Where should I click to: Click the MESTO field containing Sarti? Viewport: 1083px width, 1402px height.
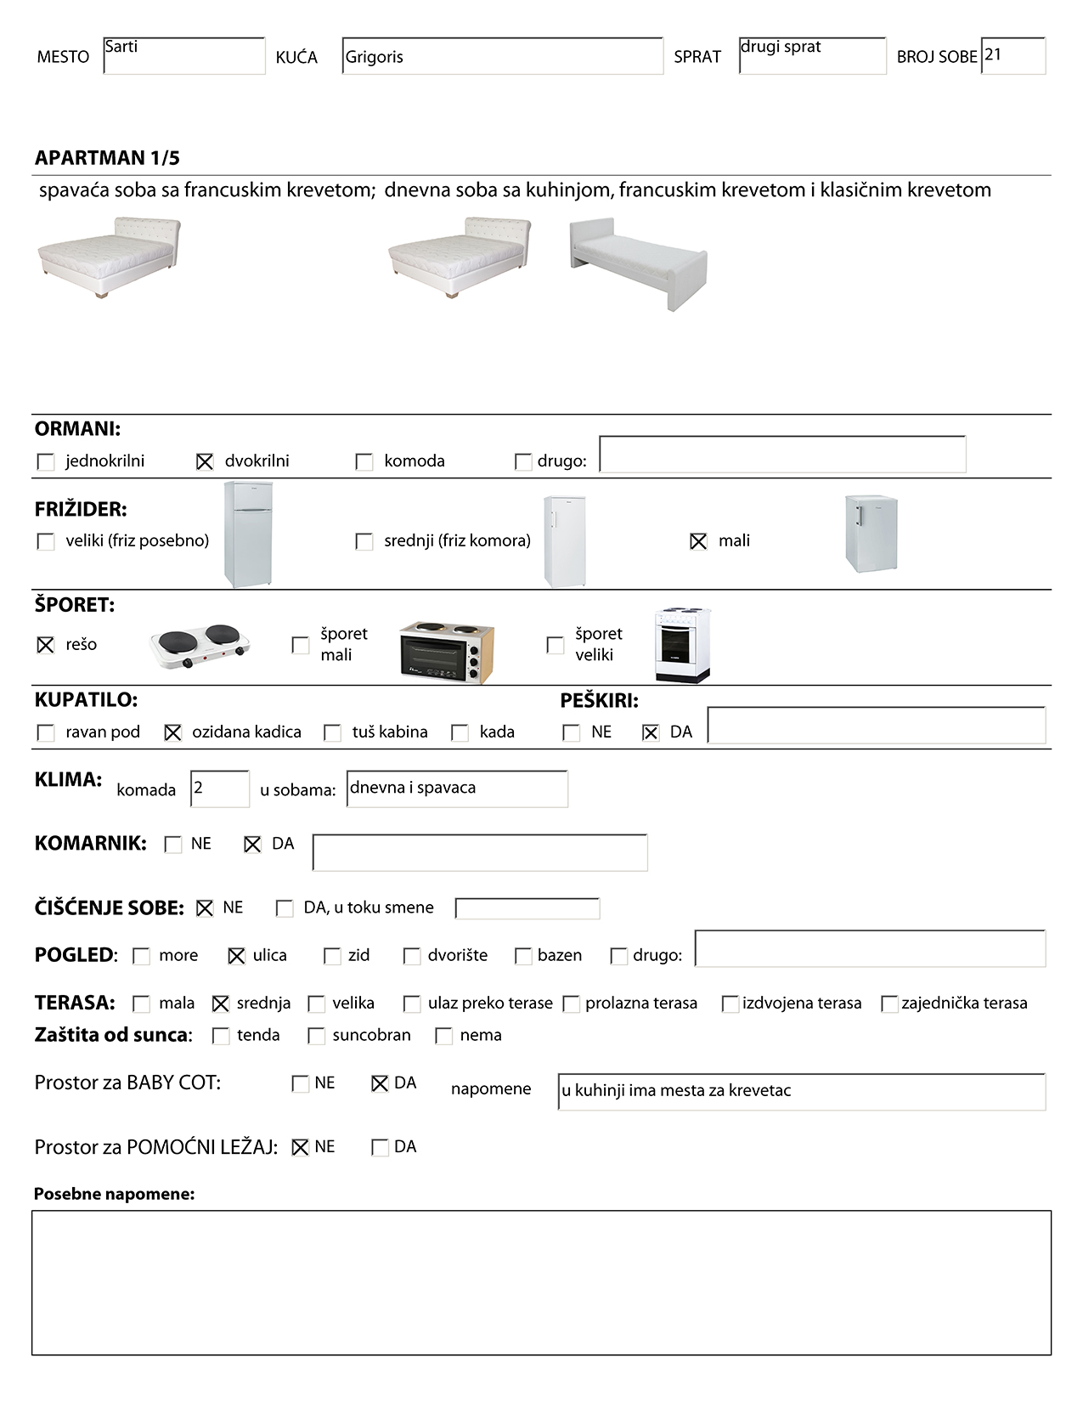[183, 56]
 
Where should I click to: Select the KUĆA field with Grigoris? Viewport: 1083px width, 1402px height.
[502, 56]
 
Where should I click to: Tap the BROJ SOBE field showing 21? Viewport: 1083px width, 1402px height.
[1012, 56]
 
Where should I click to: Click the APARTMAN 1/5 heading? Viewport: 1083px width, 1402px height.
[107, 158]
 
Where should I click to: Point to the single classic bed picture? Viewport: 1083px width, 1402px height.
[639, 263]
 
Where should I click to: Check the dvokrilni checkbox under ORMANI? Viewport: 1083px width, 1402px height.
[205, 461]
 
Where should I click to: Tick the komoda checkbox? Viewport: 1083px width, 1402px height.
[364, 461]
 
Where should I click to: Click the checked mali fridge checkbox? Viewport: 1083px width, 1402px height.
[698, 541]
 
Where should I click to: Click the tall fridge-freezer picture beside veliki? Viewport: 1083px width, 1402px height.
[248, 534]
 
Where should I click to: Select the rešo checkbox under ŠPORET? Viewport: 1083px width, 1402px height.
[46, 645]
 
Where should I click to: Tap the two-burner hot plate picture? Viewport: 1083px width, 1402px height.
[200, 646]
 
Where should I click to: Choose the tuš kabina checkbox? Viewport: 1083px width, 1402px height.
[333, 732]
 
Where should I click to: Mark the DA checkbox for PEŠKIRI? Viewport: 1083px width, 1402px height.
[651, 732]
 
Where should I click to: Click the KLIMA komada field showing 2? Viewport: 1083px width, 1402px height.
[220, 789]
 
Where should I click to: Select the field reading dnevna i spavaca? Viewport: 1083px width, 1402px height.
[457, 789]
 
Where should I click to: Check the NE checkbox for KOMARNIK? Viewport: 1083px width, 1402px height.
[173, 845]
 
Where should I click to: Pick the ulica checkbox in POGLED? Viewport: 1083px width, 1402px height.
[237, 956]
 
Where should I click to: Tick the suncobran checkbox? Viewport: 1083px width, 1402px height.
[317, 1036]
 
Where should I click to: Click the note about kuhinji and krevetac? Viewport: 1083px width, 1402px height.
[801, 1091]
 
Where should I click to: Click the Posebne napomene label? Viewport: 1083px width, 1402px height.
[114, 1194]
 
